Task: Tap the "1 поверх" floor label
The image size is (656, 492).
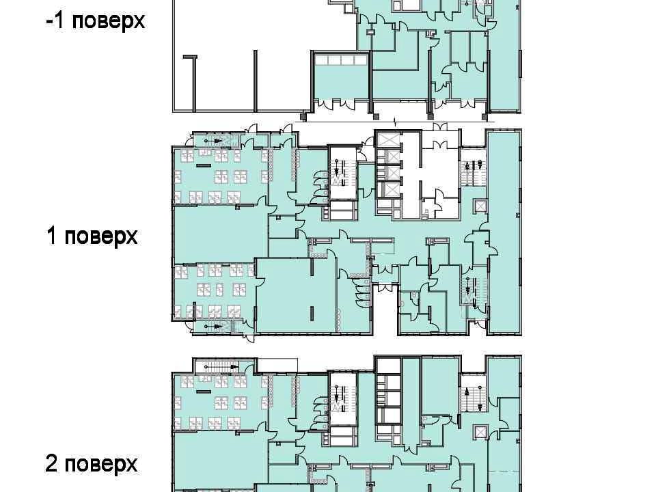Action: [92, 236]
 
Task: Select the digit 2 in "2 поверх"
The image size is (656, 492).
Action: [51, 463]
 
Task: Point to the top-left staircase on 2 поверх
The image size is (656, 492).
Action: [221, 368]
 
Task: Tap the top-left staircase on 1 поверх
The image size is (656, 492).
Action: [217, 141]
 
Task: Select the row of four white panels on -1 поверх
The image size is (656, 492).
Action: [341, 60]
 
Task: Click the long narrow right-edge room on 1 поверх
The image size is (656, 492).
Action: [504, 232]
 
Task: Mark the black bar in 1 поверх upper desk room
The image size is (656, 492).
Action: [204, 165]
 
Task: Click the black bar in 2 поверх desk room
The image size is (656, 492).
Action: [204, 392]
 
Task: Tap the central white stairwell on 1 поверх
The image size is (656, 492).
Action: [344, 173]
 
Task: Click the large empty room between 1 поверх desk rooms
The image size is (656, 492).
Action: [221, 234]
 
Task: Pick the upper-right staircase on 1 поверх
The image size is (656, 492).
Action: [474, 167]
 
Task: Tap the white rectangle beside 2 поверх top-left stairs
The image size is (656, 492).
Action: [277, 365]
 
